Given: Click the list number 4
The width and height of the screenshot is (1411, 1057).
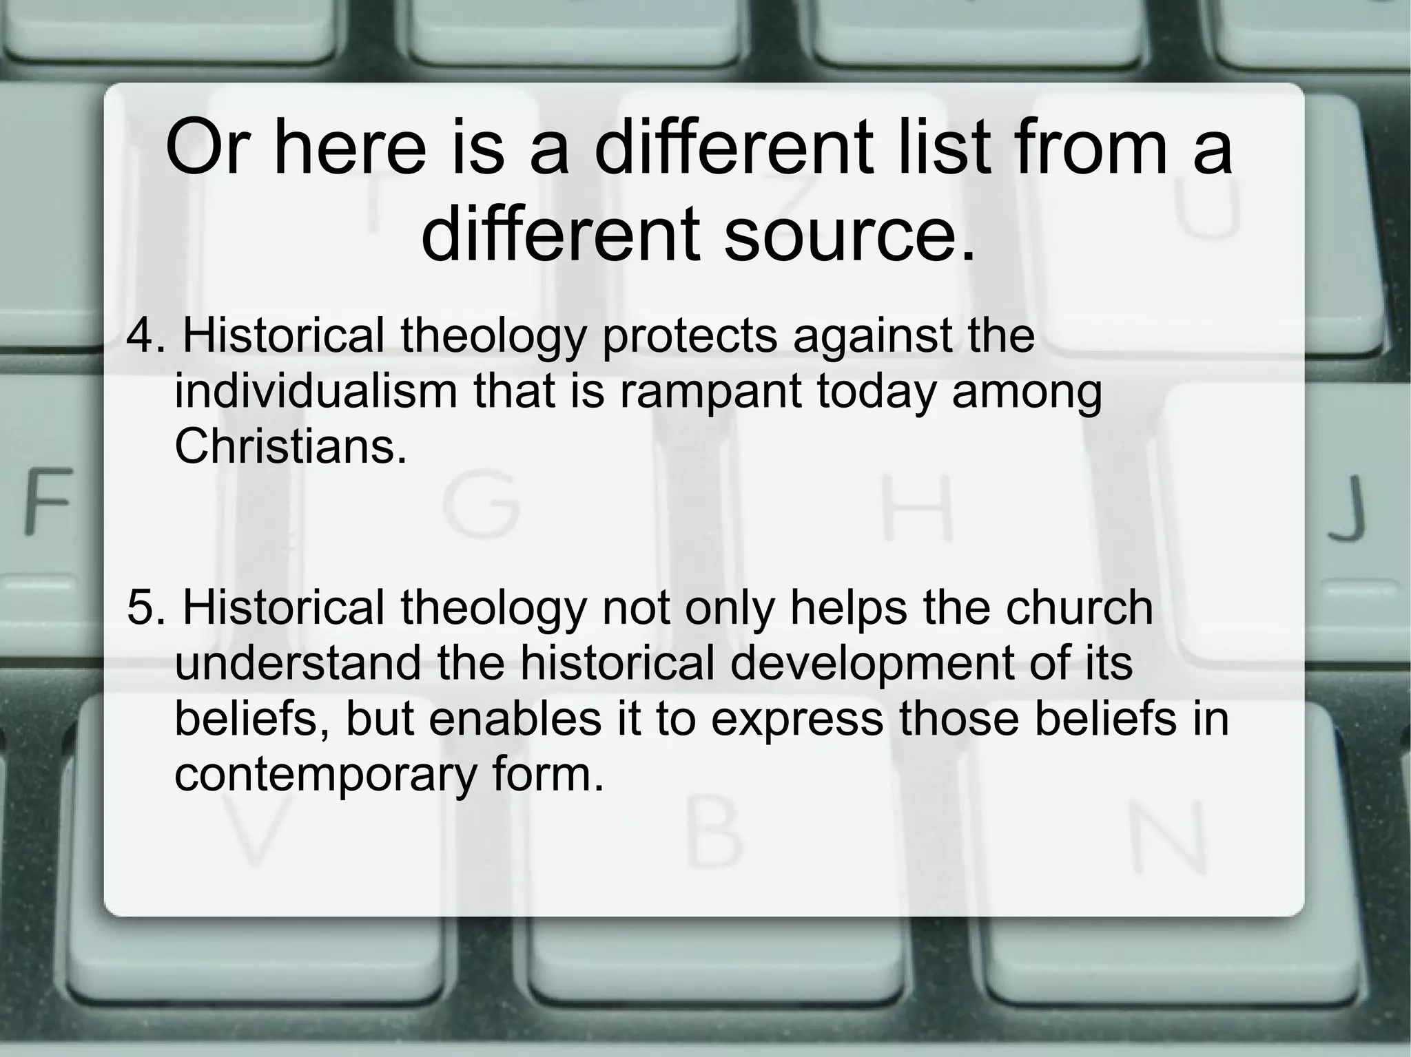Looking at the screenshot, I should [143, 337].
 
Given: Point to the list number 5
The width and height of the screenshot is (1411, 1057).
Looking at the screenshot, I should [143, 608].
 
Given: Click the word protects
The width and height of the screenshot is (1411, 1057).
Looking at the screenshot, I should [690, 337].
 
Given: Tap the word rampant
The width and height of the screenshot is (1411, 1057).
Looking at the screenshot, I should [710, 392].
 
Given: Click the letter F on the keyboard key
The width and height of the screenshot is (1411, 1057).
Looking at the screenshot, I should [48, 501].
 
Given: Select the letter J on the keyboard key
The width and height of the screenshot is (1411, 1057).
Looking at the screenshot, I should [1347, 510].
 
